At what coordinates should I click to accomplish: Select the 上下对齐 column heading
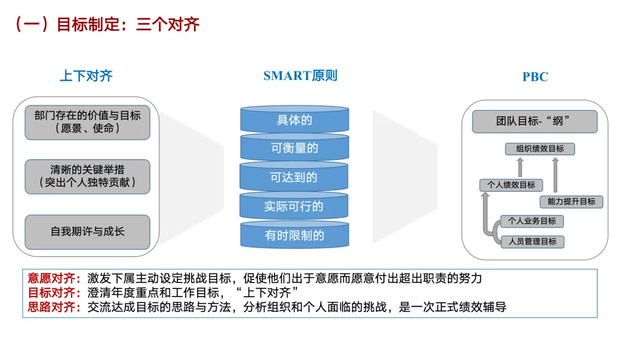point(86,76)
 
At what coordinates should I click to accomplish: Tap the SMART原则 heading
point(300,76)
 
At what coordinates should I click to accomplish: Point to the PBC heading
point(535,77)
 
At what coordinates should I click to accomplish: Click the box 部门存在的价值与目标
point(88,122)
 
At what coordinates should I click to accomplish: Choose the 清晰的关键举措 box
point(88,176)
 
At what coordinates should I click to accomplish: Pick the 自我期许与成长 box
point(88,232)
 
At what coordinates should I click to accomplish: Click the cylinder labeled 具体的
point(294,121)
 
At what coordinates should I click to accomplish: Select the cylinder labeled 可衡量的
point(294,149)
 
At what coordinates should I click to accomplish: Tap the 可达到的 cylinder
point(294,178)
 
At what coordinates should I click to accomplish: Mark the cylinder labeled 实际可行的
point(294,207)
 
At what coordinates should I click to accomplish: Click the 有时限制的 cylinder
point(294,235)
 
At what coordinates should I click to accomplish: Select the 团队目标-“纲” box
point(534,121)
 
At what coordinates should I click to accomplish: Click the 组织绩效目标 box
point(540,149)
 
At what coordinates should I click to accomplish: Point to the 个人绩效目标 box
point(511,185)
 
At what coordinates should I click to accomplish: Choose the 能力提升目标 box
point(571,201)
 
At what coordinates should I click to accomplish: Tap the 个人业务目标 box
point(532,221)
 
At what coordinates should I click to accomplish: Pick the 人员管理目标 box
point(532,241)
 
